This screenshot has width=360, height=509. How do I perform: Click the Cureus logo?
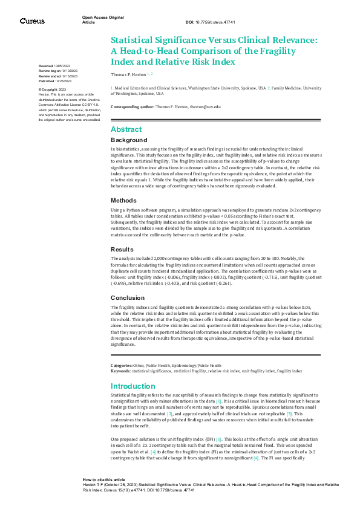pos(32,21)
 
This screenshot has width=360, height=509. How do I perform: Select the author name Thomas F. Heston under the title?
pos(129,74)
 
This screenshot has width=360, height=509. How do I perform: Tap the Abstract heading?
pos(126,129)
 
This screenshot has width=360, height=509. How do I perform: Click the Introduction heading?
pos(133,386)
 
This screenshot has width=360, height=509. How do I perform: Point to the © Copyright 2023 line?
pos(51,89)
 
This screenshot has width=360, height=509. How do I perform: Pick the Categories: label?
pos(122,366)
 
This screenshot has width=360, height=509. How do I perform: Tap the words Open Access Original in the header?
pos(103,18)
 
